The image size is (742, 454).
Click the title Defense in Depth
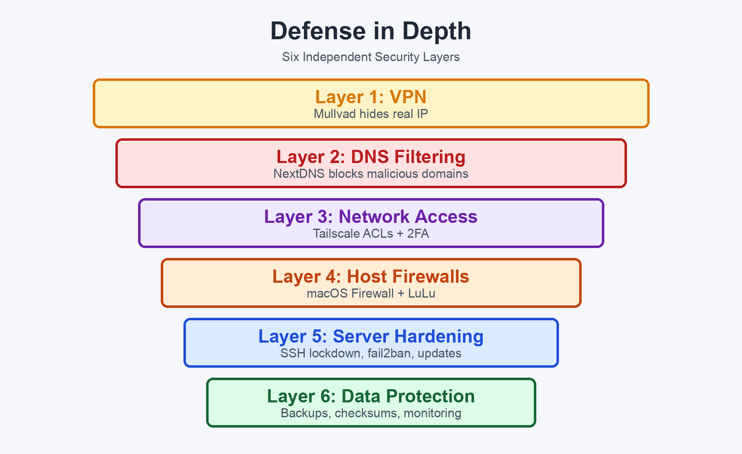pos(371,31)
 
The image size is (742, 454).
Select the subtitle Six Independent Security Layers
pos(371,57)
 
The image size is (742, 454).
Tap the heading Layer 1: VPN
pos(371,97)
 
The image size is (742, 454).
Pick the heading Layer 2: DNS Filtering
pos(371,157)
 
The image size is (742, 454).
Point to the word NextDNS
pos(299,174)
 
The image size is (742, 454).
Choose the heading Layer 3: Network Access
pos(371,217)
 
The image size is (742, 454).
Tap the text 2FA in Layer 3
pos(418,234)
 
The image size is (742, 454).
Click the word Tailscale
pos(336,234)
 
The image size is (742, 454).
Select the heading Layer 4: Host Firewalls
pos(371,277)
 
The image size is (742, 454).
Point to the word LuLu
pos(422,293)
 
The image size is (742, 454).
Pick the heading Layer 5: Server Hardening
pos(371,336)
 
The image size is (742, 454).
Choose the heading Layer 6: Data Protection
pos(371,396)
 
